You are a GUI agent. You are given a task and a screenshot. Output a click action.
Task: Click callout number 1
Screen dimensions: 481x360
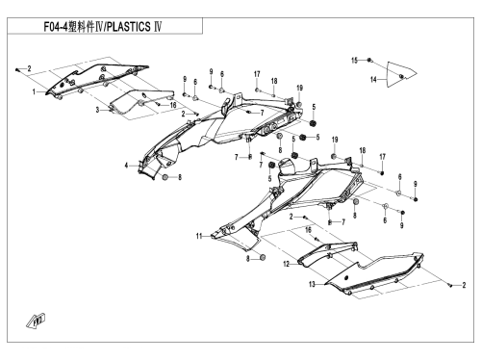click(x=34, y=92)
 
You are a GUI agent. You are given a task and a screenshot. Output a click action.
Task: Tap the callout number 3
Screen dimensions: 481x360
click(x=97, y=110)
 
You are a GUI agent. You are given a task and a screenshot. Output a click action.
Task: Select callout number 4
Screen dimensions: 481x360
click(x=127, y=166)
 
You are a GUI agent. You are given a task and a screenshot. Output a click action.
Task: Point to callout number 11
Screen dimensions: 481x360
click(x=199, y=236)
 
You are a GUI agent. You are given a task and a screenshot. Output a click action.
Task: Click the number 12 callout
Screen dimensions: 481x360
click(x=287, y=264)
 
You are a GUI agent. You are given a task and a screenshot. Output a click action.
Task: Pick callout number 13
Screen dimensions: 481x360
click(x=312, y=284)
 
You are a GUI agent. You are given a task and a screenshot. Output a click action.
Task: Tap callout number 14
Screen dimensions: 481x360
click(x=373, y=79)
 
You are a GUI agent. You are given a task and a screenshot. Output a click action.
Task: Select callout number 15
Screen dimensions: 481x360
click(x=354, y=61)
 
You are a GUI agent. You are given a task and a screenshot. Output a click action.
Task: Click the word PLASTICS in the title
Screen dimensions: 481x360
click(x=128, y=27)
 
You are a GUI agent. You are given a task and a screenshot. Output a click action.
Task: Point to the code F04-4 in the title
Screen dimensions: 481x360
click(x=56, y=27)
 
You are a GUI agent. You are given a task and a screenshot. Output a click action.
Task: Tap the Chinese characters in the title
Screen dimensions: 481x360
click(x=81, y=27)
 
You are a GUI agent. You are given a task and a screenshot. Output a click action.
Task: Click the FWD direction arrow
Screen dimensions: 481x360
click(x=36, y=321)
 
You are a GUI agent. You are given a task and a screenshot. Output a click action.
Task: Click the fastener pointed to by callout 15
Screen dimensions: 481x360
click(x=369, y=60)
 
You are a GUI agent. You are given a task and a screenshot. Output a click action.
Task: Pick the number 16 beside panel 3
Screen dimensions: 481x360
click(x=173, y=105)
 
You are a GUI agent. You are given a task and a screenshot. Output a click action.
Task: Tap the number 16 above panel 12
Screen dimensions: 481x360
click(x=308, y=230)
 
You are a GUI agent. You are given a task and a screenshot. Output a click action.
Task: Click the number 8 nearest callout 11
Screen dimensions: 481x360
click(x=248, y=258)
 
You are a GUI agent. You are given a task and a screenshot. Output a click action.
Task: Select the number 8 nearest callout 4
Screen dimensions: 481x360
click(x=180, y=177)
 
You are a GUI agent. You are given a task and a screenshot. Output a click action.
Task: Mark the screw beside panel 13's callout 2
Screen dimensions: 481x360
click(x=450, y=285)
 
